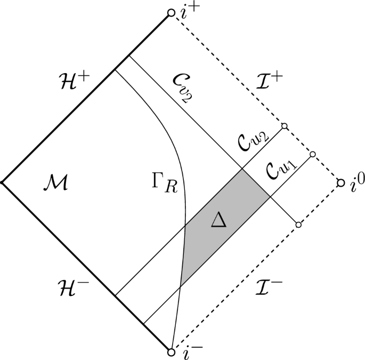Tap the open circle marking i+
tap(171, 12)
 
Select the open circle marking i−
tap(171, 352)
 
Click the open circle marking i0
tap(340, 183)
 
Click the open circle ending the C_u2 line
tap(284, 126)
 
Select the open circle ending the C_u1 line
tap(313, 154)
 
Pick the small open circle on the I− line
tap(298, 225)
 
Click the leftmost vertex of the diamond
tap(2, 182)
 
